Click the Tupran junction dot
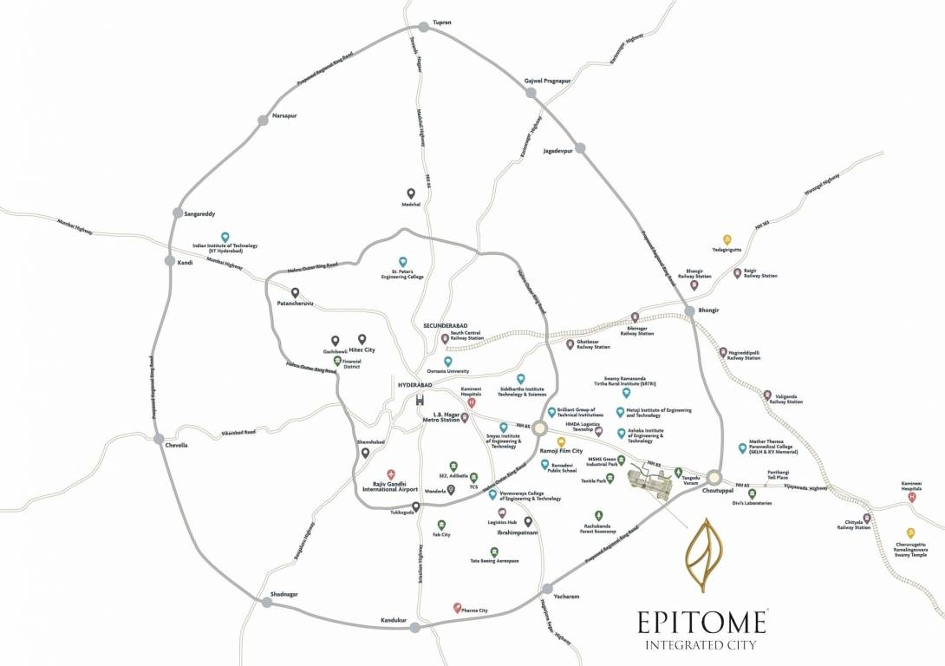[424, 28]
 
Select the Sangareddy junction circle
[178, 212]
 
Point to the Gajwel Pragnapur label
[547, 81]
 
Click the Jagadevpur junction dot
[580, 148]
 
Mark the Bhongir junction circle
[689, 310]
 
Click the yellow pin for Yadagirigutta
[727, 240]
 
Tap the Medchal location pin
[411, 193]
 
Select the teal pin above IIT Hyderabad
[225, 237]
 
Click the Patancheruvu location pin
[295, 293]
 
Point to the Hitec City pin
[362, 339]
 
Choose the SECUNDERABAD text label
[446, 325]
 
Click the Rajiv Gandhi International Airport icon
[391, 474]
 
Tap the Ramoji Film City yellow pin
[561, 442]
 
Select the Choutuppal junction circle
[714, 476]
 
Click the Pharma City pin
[458, 608]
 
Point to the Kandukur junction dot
[415, 627]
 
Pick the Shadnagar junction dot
[265, 602]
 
